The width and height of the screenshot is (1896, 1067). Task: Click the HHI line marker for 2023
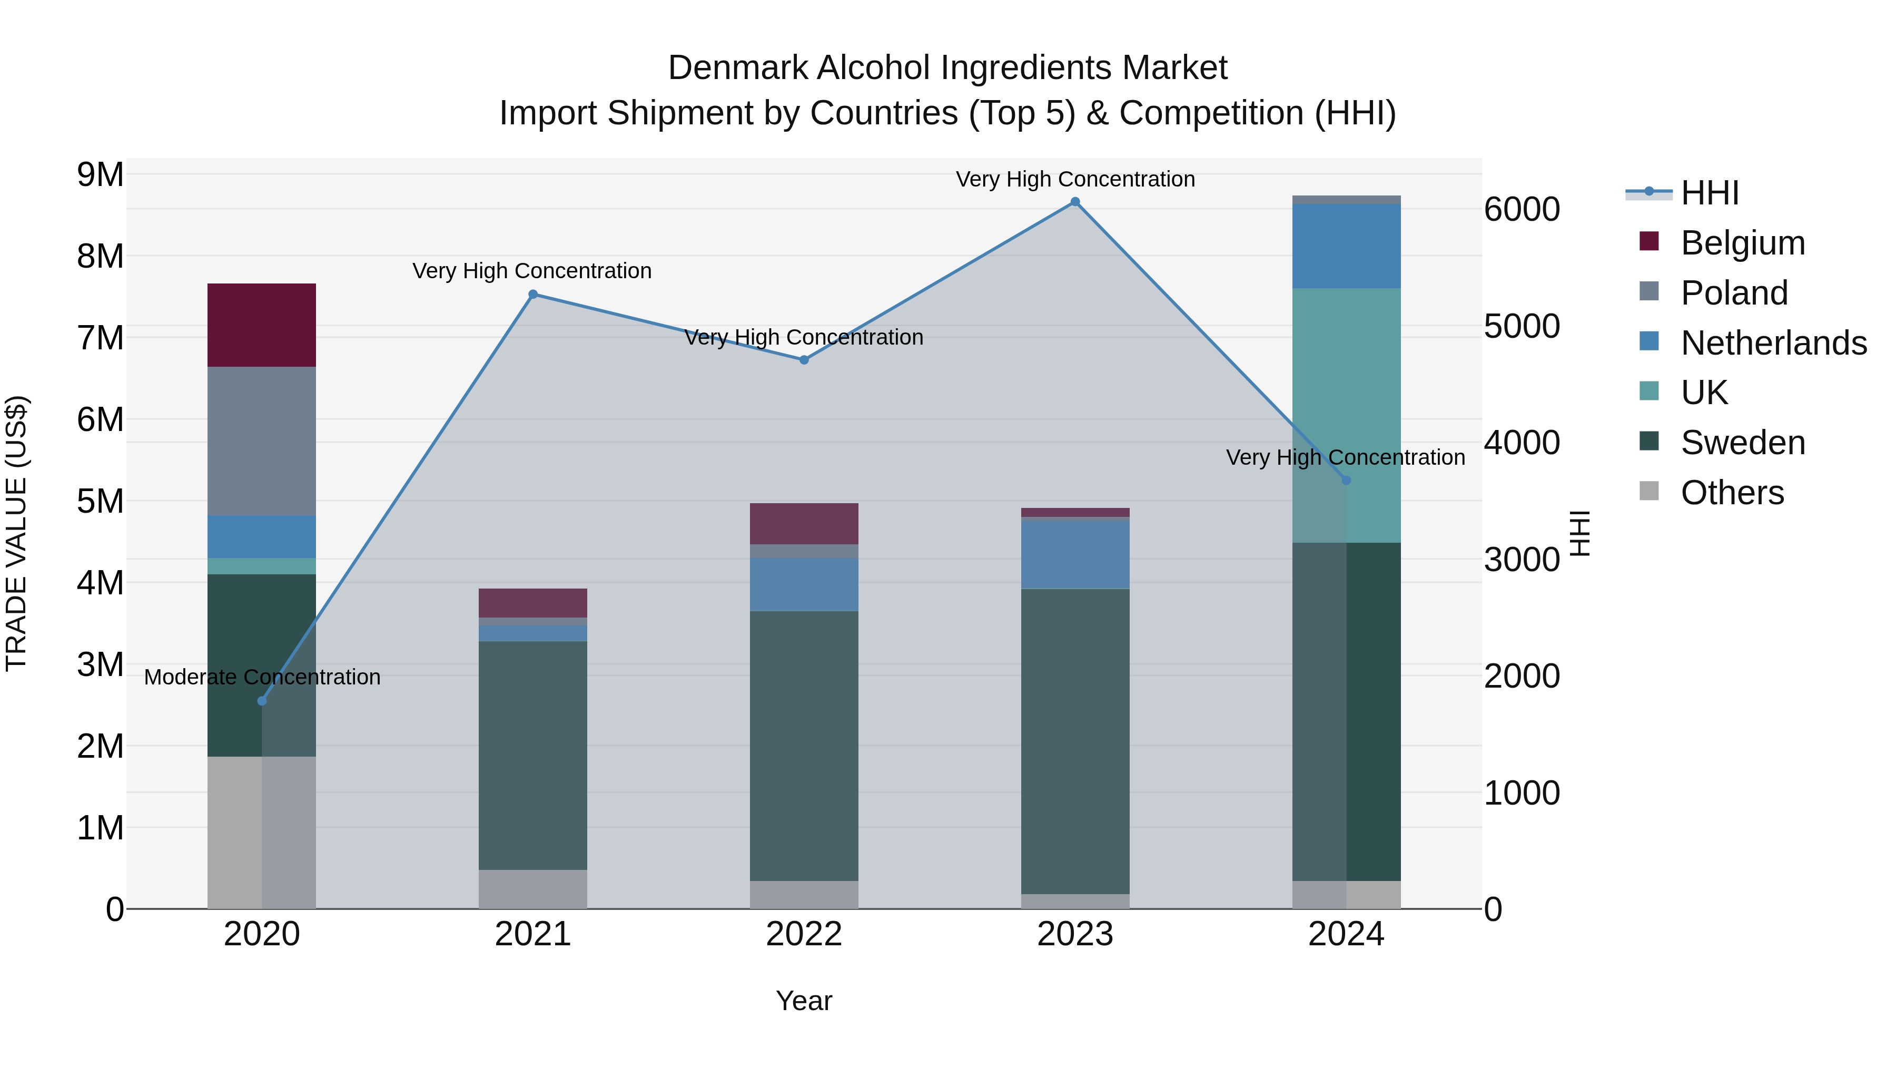pos(1074,202)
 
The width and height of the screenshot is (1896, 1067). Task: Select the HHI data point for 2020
pos(262,701)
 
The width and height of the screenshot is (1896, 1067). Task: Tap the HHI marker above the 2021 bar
pos(533,295)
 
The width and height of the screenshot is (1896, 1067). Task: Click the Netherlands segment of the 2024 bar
pos(1346,246)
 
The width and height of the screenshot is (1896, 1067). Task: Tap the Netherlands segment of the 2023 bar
pos(1074,554)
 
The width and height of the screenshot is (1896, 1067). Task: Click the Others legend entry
pos(1732,493)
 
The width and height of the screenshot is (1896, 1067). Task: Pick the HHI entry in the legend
pos(1709,193)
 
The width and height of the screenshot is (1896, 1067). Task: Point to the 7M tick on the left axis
pos(101,338)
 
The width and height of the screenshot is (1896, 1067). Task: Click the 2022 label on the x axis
pos(804,934)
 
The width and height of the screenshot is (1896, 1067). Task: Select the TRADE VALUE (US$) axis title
pos(17,533)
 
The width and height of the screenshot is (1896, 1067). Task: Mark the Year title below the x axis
pos(804,1001)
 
